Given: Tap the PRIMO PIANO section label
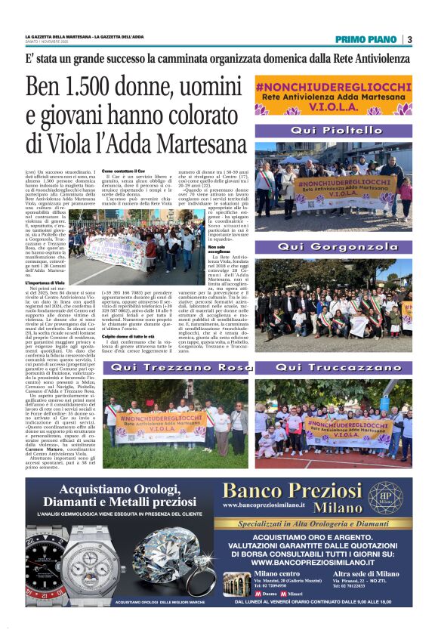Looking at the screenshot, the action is (368, 39).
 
